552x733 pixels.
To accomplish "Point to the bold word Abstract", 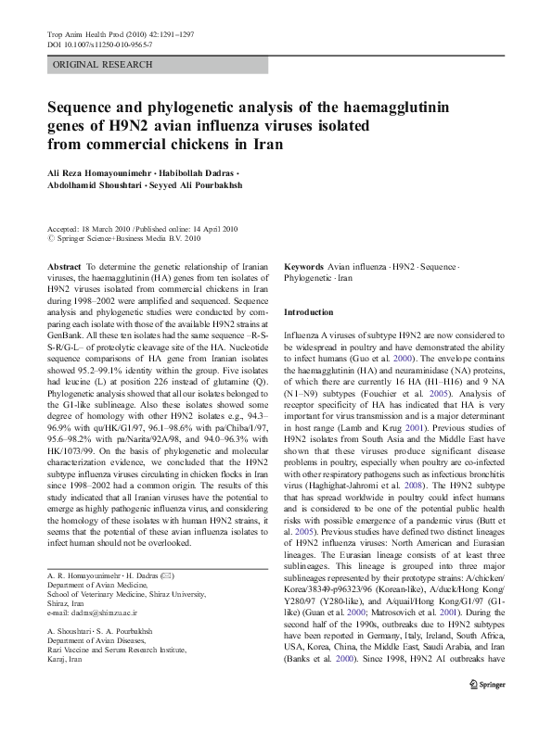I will tap(64, 266).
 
